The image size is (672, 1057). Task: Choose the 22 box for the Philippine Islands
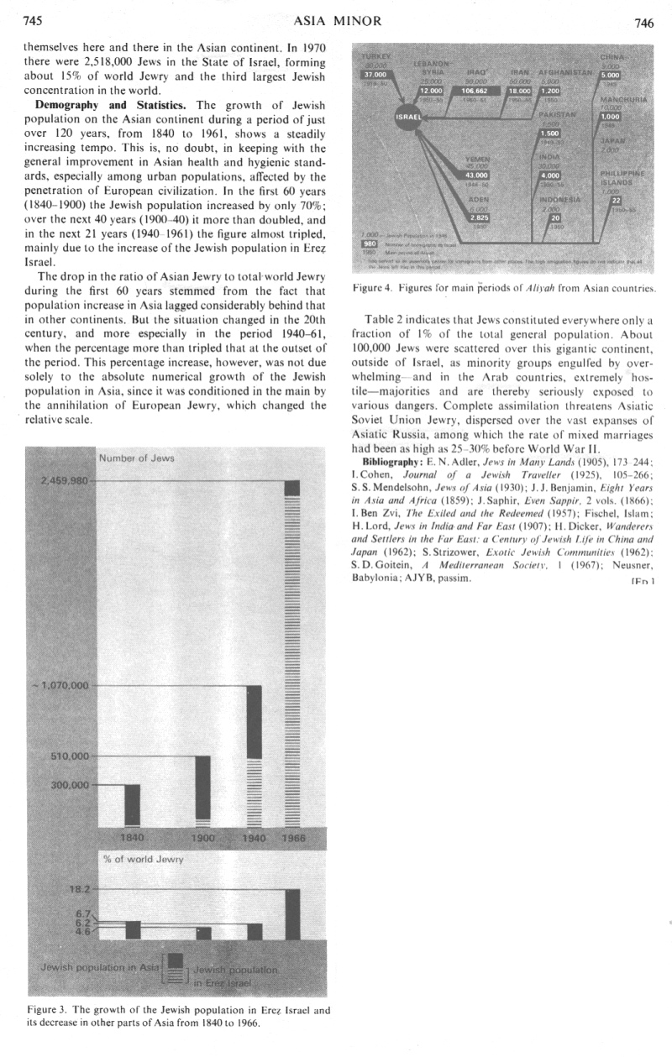tap(617, 200)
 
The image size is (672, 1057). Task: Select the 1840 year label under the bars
tap(132, 838)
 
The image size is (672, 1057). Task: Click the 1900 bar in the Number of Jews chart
tap(202, 791)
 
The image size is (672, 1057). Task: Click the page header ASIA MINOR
tap(334, 21)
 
